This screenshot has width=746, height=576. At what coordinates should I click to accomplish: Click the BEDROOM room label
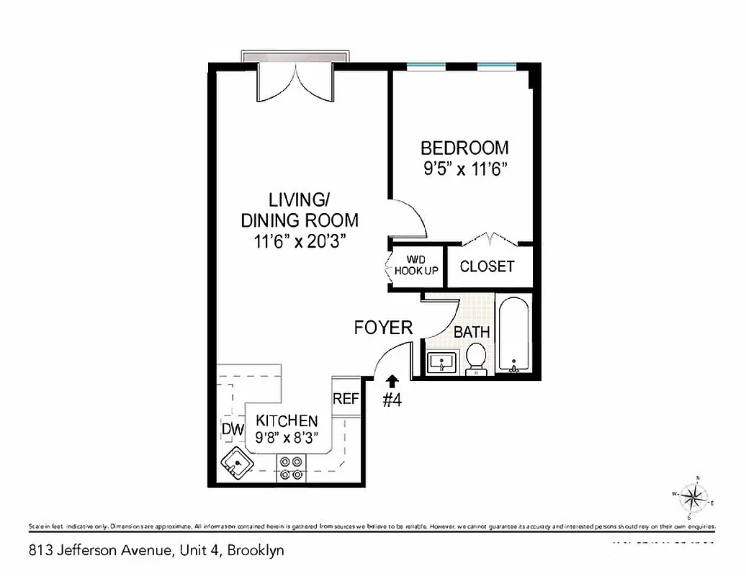(x=464, y=148)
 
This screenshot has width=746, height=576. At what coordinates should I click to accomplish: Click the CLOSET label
(x=487, y=266)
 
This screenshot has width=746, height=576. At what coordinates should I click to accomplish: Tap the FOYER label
(x=383, y=328)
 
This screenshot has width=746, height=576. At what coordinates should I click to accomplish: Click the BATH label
(x=472, y=332)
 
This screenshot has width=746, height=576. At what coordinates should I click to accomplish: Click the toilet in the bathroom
(x=476, y=359)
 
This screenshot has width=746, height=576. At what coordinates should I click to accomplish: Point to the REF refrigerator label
(x=346, y=399)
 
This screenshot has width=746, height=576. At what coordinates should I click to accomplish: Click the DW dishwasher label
(x=233, y=431)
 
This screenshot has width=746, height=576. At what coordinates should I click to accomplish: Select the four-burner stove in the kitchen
(x=291, y=468)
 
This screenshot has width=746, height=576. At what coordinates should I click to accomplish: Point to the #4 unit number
(x=391, y=401)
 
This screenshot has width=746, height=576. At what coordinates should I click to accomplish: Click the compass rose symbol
(x=693, y=496)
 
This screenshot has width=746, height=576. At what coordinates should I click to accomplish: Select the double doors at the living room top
(x=295, y=83)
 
